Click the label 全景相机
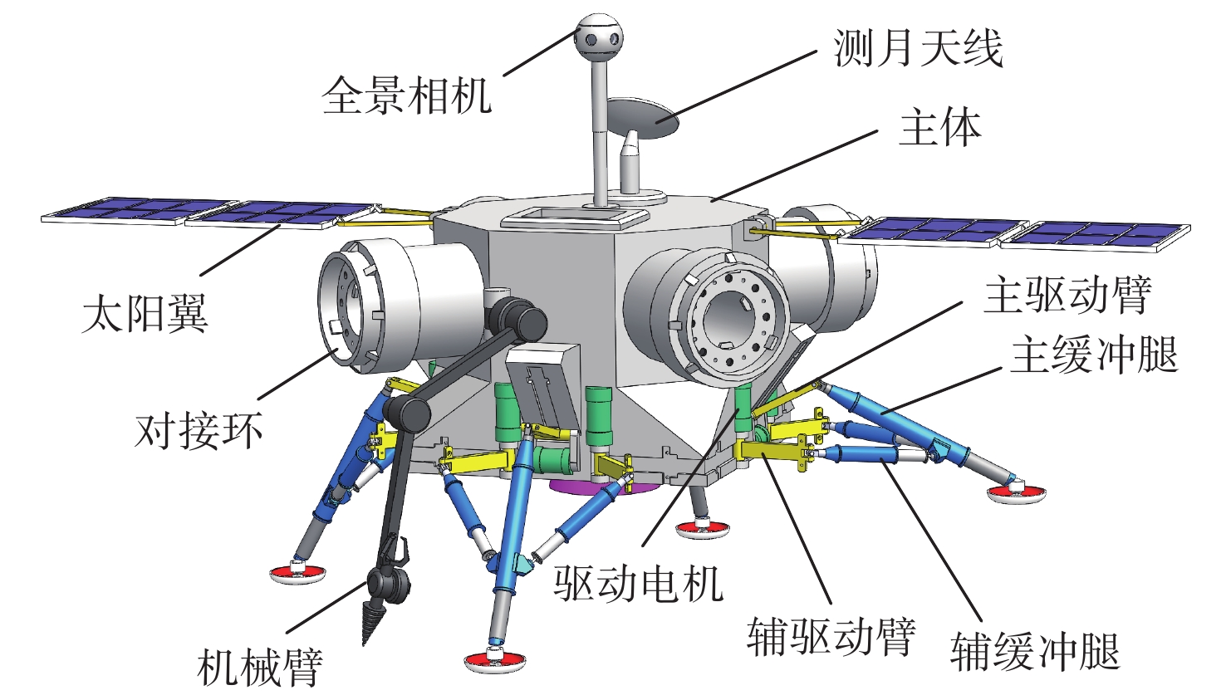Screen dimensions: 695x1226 point(406,95)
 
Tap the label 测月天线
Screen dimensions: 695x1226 point(918,47)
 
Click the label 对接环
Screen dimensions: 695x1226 point(199,430)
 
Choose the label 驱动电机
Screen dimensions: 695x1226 point(639,583)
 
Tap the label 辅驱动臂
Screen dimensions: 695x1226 point(831,636)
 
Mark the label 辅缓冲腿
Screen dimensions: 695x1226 point(1035,651)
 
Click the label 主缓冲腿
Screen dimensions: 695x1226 point(1094,355)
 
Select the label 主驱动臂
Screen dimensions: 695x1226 point(1067,295)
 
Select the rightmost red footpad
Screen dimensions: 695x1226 point(1015,495)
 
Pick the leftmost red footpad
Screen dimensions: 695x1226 point(297,572)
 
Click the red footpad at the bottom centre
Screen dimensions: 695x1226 point(495,659)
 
